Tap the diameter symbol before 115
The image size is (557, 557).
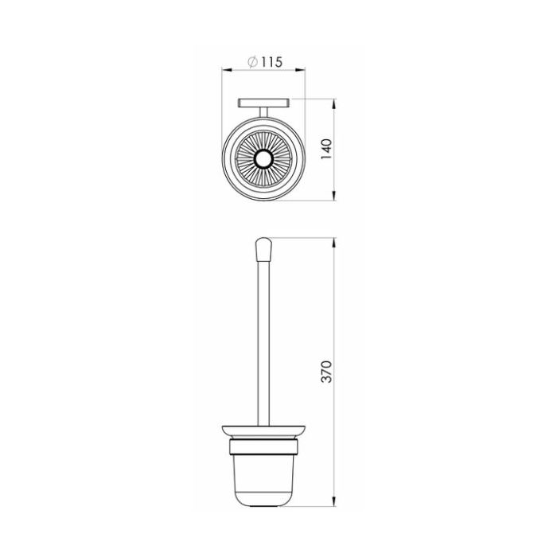click(253, 62)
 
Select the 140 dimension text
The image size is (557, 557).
click(326, 150)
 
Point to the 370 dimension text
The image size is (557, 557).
click(326, 372)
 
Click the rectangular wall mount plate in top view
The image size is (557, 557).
click(263, 103)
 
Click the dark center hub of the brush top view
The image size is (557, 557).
click(263, 159)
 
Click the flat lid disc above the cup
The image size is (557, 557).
click(263, 431)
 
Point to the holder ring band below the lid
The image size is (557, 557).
click(263, 447)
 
